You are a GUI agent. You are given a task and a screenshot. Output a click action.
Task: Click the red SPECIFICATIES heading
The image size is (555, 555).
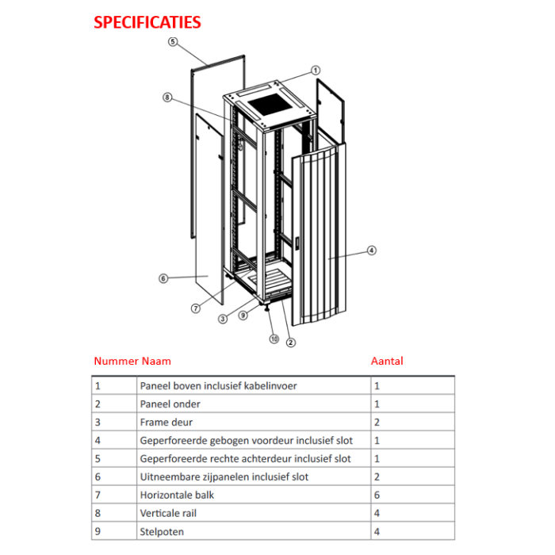pyautogui.click(x=147, y=22)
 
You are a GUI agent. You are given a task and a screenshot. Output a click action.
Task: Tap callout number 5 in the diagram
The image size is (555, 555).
pyautogui.click(x=173, y=41)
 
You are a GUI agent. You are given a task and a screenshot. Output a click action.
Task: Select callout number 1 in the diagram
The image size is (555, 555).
pyautogui.click(x=315, y=71)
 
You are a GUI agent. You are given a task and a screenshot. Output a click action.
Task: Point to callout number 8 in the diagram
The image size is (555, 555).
pyautogui.click(x=167, y=98)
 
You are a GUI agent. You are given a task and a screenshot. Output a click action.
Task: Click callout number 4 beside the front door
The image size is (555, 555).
pyautogui.click(x=372, y=251)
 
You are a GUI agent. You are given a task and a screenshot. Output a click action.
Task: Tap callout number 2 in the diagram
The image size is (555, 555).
pyautogui.click(x=291, y=343)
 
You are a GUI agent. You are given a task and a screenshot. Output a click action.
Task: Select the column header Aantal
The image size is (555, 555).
pyautogui.click(x=387, y=361)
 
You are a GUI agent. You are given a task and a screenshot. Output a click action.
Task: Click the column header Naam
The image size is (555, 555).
pyautogui.click(x=156, y=361)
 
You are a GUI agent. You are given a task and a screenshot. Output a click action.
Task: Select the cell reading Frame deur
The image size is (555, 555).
pyautogui.click(x=166, y=422)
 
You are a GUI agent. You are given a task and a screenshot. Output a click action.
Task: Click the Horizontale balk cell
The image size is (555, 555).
pyautogui.click(x=177, y=495)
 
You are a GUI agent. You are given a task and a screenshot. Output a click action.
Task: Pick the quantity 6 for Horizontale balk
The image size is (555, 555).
pyautogui.click(x=377, y=495)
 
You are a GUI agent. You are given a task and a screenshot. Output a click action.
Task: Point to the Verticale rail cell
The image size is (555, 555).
pyautogui.click(x=168, y=513)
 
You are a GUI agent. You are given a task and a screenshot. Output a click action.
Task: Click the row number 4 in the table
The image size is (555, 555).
pyautogui.click(x=98, y=440)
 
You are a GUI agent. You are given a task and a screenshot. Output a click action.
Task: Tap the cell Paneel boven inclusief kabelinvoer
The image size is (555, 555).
pyautogui.click(x=218, y=385)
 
